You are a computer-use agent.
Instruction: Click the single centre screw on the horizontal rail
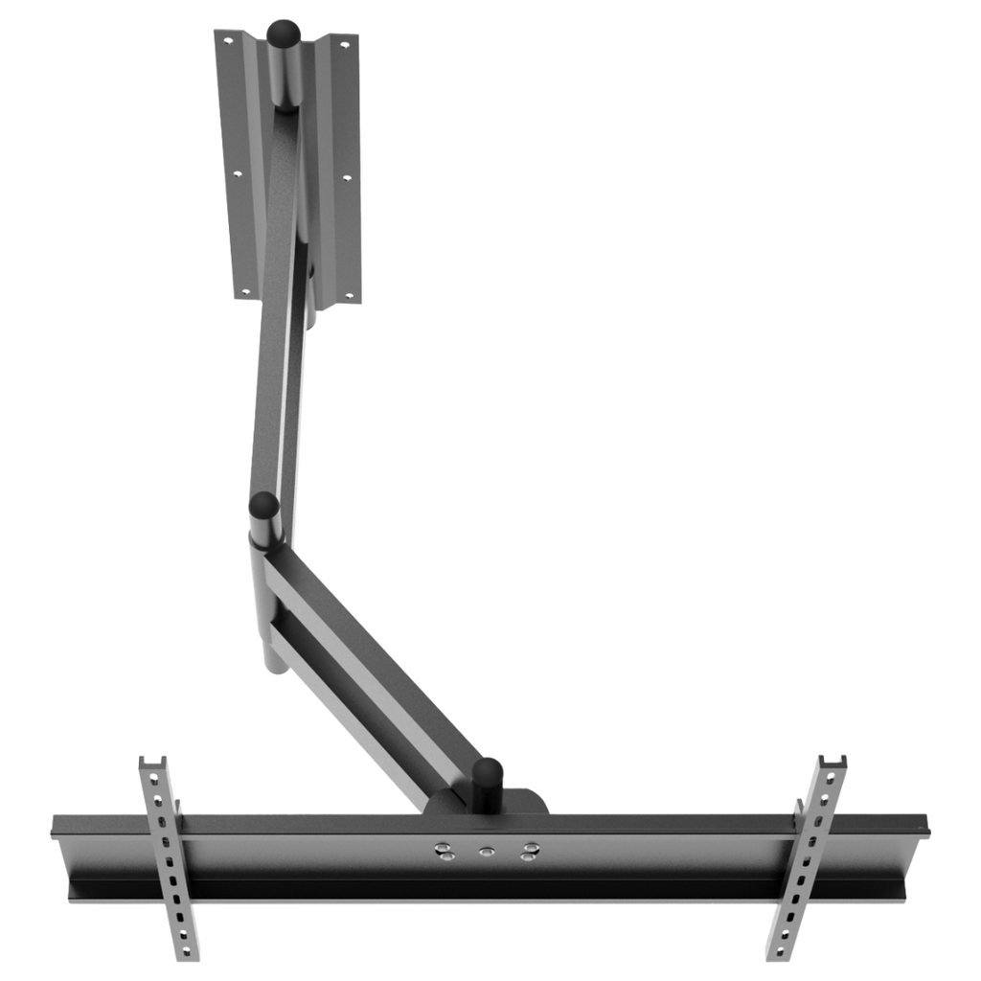(x=485, y=850)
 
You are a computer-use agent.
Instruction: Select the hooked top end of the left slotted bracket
(x=153, y=763)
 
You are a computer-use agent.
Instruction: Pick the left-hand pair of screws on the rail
(x=442, y=852)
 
